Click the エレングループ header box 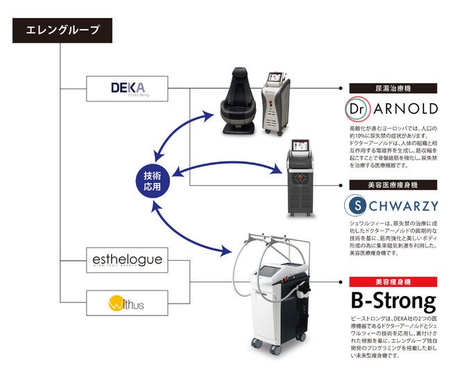(x=62, y=30)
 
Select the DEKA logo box (x=128, y=89)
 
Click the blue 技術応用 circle (x=152, y=181)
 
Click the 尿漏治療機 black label (x=393, y=88)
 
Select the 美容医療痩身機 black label (x=393, y=185)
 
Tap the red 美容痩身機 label (x=393, y=282)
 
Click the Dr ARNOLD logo (x=392, y=109)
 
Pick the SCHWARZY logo (x=392, y=205)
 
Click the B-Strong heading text (x=393, y=302)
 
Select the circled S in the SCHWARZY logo (x=357, y=205)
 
